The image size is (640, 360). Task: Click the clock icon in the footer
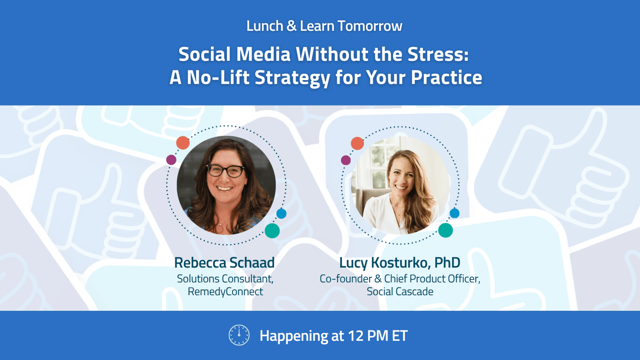pyautogui.click(x=239, y=335)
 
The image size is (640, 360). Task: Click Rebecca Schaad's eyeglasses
pyautogui.click(x=226, y=171)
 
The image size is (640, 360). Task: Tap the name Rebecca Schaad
pyautogui.click(x=224, y=263)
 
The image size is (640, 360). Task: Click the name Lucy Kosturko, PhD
pyautogui.click(x=399, y=263)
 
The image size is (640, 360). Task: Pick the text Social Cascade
pyautogui.click(x=400, y=292)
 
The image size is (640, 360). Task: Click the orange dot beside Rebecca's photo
pyautogui.click(x=183, y=142)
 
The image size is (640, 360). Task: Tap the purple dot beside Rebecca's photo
pyautogui.click(x=171, y=159)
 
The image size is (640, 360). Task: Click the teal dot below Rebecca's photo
pyautogui.click(x=272, y=230)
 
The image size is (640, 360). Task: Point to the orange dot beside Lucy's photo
pyautogui.click(x=357, y=143)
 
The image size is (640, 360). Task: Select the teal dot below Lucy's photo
pyautogui.click(x=446, y=230)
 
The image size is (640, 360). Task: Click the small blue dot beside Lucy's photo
pyautogui.click(x=454, y=213)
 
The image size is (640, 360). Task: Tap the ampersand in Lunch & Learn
pyautogui.click(x=291, y=26)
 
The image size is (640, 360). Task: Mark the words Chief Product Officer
pyautogui.click(x=423, y=278)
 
